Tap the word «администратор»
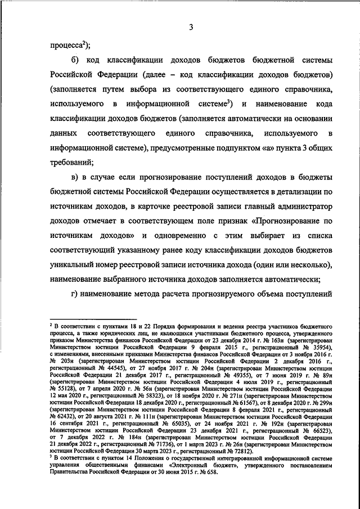303,206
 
